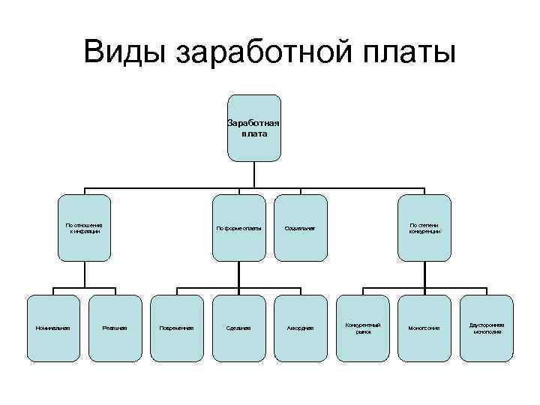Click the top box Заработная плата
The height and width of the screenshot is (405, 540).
click(x=254, y=127)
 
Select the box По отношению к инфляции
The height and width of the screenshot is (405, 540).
click(x=84, y=228)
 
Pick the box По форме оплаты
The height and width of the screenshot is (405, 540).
click(x=238, y=228)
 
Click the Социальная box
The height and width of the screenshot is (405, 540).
click(x=301, y=228)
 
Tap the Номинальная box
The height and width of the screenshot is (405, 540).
click(x=53, y=328)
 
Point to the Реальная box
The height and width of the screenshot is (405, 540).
click(x=115, y=328)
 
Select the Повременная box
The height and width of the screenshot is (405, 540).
click(x=177, y=328)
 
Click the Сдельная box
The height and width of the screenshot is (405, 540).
click(x=238, y=328)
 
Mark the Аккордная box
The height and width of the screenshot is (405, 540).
click(x=301, y=328)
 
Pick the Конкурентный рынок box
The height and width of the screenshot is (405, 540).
click(x=363, y=328)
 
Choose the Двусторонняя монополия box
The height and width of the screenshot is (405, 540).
click(x=487, y=328)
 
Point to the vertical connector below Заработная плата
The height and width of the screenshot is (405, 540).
click(x=254, y=173)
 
